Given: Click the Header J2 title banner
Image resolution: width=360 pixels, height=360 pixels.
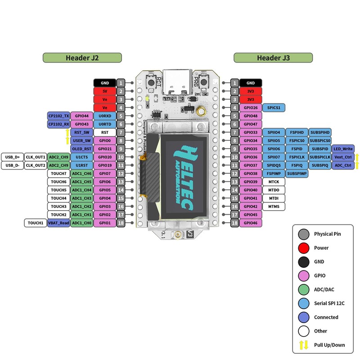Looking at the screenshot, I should [x=82, y=58].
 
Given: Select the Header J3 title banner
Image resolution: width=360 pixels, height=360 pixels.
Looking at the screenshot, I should [x=273, y=58].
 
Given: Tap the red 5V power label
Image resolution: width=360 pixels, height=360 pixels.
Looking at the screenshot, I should [x=104, y=91].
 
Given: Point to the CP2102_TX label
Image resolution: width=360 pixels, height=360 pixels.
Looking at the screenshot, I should [x=58, y=116].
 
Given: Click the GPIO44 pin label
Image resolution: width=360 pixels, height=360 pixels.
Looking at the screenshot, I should [x=81, y=116].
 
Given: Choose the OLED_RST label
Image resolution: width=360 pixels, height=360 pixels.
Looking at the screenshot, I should [x=81, y=148].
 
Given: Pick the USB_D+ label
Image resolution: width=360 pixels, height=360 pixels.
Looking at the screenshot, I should [x=12, y=157].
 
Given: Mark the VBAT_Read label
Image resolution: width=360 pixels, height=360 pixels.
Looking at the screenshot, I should [x=58, y=223].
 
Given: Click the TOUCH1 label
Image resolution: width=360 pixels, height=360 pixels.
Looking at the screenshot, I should [x=35, y=223].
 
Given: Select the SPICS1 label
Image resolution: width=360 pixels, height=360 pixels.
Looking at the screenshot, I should [x=274, y=108].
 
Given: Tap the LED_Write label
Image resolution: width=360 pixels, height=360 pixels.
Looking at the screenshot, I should [x=343, y=148].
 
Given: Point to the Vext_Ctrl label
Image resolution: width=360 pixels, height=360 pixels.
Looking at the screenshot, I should [x=343, y=157].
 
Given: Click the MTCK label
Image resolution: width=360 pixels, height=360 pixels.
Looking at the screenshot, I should [x=274, y=182].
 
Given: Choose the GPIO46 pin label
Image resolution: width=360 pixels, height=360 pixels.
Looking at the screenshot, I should [x=251, y=223].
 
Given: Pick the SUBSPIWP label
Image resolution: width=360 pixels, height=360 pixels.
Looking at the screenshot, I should [x=297, y=173].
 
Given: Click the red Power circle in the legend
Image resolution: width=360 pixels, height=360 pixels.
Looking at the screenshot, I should [x=303, y=247].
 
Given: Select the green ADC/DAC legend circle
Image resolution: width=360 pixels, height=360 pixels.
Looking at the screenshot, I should [x=303, y=289].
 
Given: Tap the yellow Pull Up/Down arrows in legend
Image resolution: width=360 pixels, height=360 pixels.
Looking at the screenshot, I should [x=303, y=345].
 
